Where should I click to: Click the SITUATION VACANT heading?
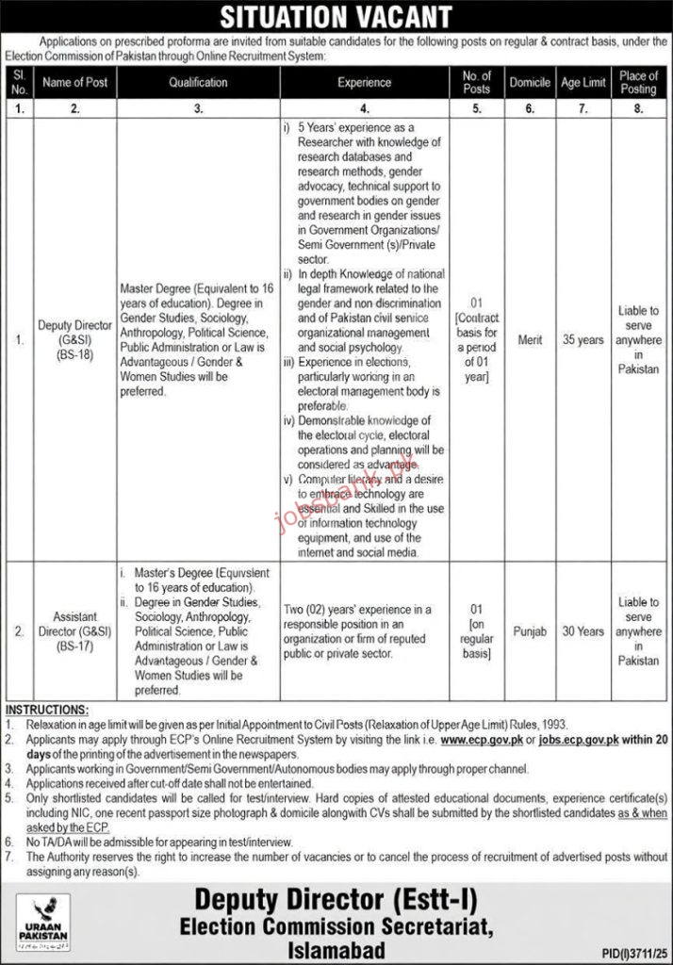coord(336,16)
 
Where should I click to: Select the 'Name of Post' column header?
coord(75,82)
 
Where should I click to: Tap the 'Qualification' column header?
coord(198,82)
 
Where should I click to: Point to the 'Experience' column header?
coord(364,82)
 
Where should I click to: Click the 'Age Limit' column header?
coord(583,82)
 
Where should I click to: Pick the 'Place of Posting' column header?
coord(638,82)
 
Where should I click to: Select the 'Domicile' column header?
coord(530,82)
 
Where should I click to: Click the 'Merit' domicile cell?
coord(530,340)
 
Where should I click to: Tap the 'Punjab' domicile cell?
coord(530,631)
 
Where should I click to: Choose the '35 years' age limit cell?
coord(583,340)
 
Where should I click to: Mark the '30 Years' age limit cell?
coord(583,631)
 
